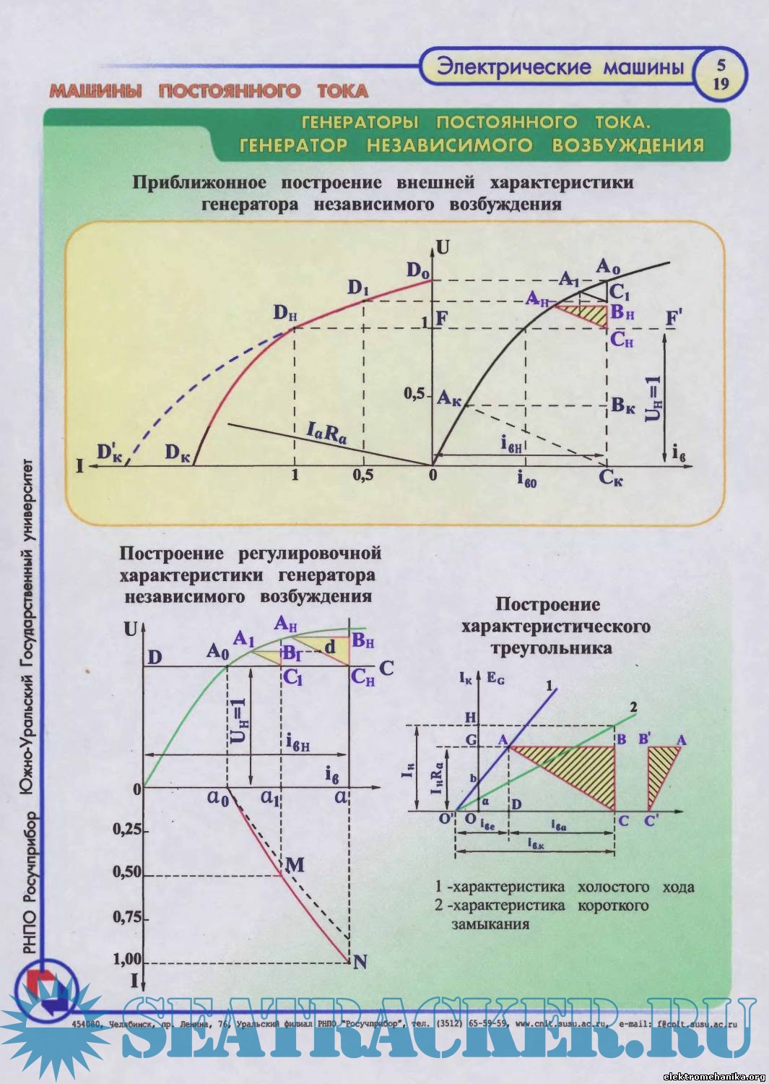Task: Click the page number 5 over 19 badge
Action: (x=720, y=74)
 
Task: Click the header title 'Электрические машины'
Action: (x=560, y=67)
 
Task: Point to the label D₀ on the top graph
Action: (x=417, y=270)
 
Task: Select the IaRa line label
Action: (x=326, y=434)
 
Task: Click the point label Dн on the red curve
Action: (x=285, y=313)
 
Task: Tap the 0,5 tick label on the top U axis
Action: (x=414, y=394)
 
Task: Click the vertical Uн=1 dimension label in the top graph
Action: (x=653, y=399)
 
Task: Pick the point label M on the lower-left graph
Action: (x=295, y=864)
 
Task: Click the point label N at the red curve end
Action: (x=360, y=962)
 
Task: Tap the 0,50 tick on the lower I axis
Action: (x=127, y=873)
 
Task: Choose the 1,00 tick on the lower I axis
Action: (x=127, y=960)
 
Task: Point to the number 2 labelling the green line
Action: (x=633, y=707)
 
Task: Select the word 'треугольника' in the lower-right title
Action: (x=551, y=648)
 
